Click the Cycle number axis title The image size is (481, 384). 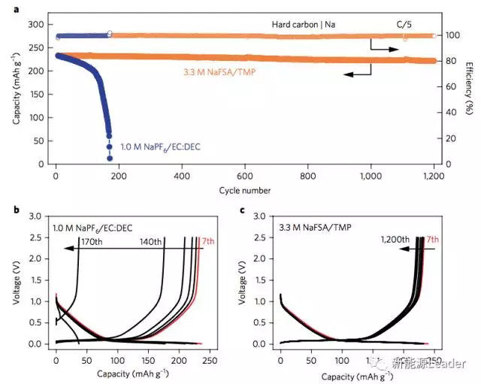point(246,190)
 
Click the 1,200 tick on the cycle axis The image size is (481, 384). point(434,176)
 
